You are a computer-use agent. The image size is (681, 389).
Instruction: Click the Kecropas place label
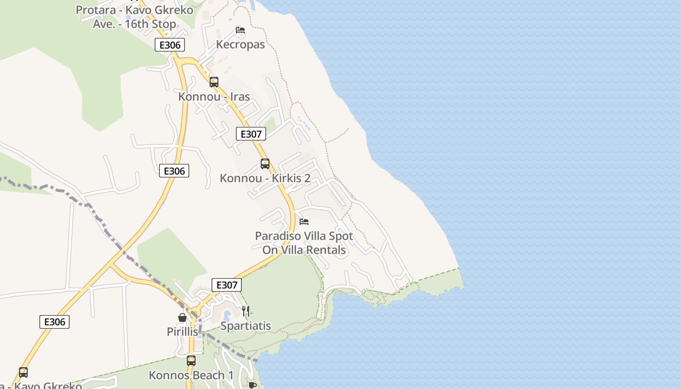(240, 44)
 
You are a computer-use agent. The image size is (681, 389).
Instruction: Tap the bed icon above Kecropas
(240, 30)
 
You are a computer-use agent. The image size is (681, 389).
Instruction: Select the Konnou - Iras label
(214, 96)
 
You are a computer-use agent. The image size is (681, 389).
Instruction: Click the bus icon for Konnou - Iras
(214, 82)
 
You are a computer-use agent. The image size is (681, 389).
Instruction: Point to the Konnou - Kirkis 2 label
(265, 178)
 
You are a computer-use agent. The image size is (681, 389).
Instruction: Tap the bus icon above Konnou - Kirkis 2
(265, 164)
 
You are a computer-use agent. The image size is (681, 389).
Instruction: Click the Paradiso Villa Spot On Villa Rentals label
(304, 243)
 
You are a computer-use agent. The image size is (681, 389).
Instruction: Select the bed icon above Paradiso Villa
(304, 222)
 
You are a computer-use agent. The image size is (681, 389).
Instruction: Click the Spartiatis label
(246, 326)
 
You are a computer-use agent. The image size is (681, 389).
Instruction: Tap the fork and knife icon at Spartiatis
(246, 311)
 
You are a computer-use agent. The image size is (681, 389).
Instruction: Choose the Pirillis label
(182, 332)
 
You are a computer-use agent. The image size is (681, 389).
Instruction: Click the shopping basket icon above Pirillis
(182, 318)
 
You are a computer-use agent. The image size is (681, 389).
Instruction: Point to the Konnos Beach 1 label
(191, 375)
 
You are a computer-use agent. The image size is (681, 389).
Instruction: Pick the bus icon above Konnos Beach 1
(191, 361)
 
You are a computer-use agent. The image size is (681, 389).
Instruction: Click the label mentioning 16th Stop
(134, 17)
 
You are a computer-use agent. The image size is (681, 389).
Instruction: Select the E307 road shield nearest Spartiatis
(227, 285)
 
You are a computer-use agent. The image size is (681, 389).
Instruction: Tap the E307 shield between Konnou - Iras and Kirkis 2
(251, 134)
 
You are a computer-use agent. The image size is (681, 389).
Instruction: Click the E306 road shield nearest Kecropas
(170, 45)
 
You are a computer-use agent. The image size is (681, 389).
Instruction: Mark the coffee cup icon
(252, 385)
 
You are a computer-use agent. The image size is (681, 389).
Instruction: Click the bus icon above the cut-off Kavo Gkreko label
(23, 372)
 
